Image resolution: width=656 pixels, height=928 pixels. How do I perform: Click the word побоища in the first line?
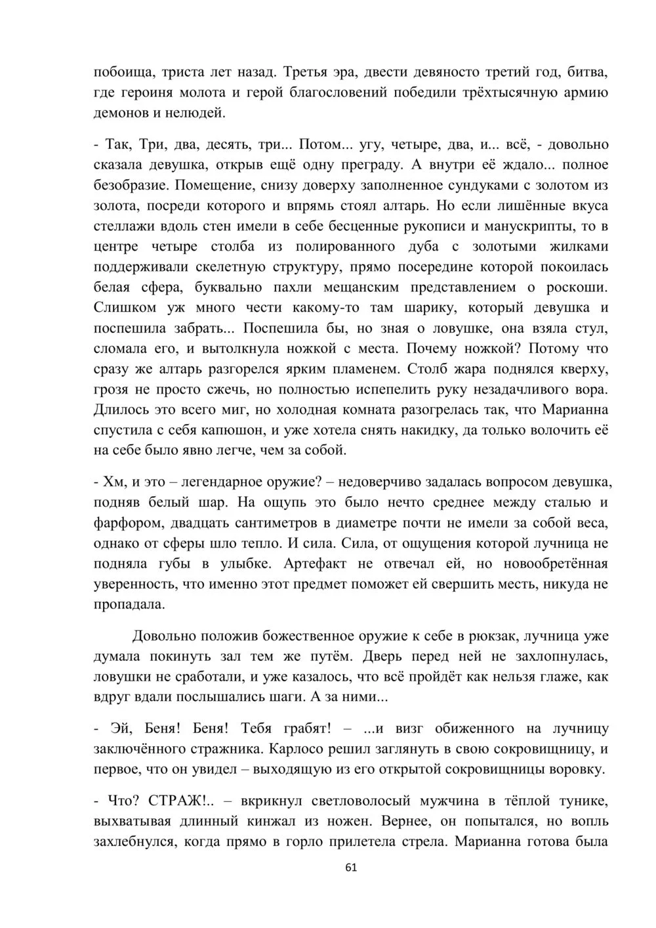point(123,72)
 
